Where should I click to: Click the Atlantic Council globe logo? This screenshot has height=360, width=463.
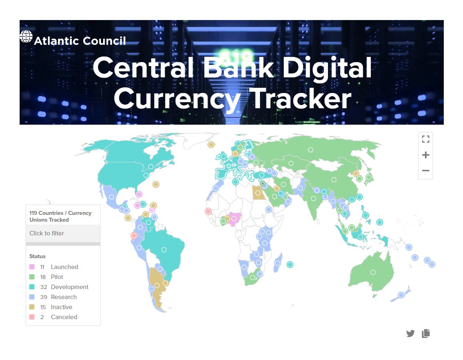point(26,37)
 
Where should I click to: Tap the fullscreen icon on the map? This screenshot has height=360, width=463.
point(425,139)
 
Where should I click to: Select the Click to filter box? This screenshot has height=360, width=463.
point(63,233)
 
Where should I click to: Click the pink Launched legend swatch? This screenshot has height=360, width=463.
point(32,267)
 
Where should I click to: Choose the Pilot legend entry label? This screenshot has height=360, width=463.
point(57,277)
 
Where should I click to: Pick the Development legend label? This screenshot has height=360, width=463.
point(70,287)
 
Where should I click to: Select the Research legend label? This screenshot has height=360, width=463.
point(64,297)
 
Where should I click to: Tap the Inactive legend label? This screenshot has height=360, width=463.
point(62,307)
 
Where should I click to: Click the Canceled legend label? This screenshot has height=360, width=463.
point(64,317)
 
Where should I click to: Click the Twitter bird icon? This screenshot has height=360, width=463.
point(410,333)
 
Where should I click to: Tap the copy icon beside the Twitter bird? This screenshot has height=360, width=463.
point(426,333)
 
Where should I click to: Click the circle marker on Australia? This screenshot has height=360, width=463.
point(373,272)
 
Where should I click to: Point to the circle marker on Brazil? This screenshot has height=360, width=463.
point(164,250)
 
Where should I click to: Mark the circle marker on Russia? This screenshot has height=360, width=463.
point(310,150)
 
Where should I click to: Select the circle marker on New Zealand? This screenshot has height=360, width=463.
point(401,295)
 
